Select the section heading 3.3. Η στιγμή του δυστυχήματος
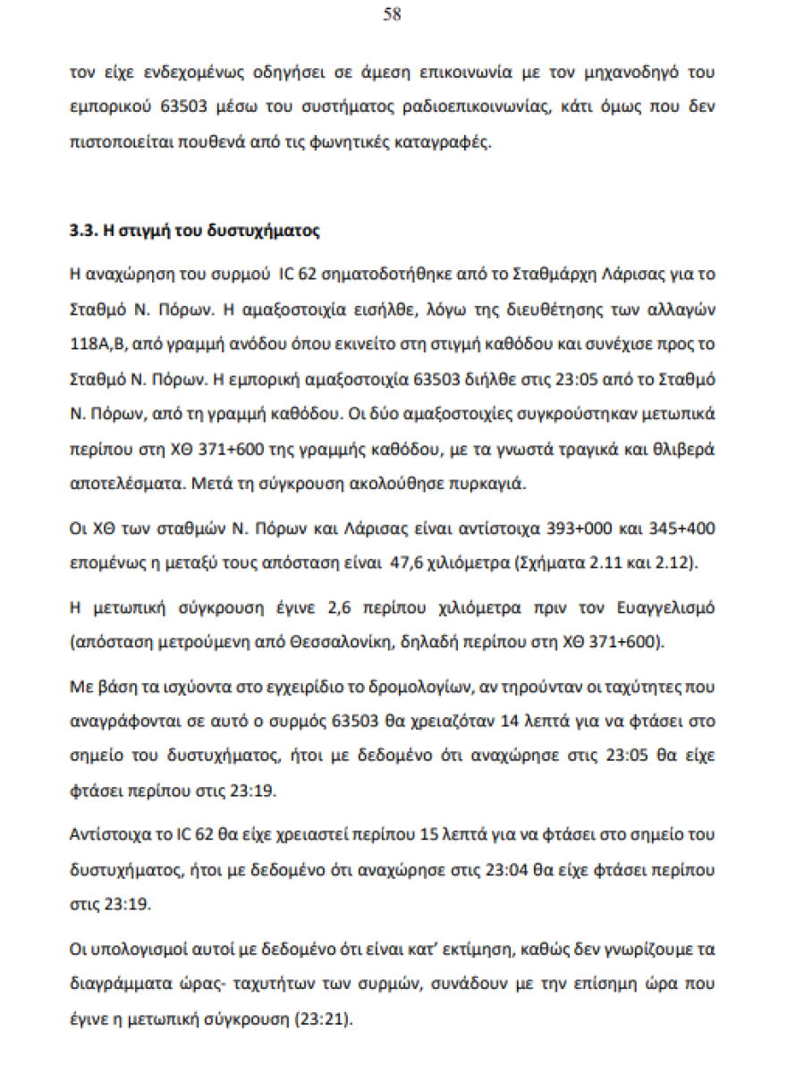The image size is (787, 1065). click(194, 231)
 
